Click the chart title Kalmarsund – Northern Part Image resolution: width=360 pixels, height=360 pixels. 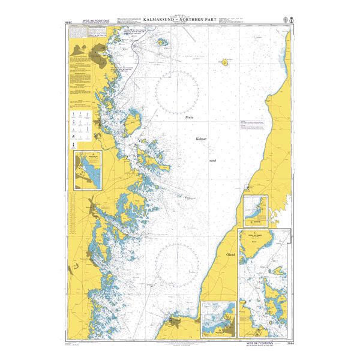pyautogui.click(x=179, y=28)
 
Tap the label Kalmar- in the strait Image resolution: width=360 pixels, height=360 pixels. pyautogui.click(x=201, y=139)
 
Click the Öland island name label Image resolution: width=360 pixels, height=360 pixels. pyautogui.click(x=230, y=254)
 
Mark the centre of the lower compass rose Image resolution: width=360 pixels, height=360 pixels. pyautogui.click(x=178, y=264)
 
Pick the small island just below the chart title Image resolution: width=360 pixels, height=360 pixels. pyautogui.click(x=161, y=43)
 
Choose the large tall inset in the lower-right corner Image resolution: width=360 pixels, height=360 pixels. pyautogui.click(x=265, y=282)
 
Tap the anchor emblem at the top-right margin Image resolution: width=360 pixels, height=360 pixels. pyautogui.click(x=290, y=20)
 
